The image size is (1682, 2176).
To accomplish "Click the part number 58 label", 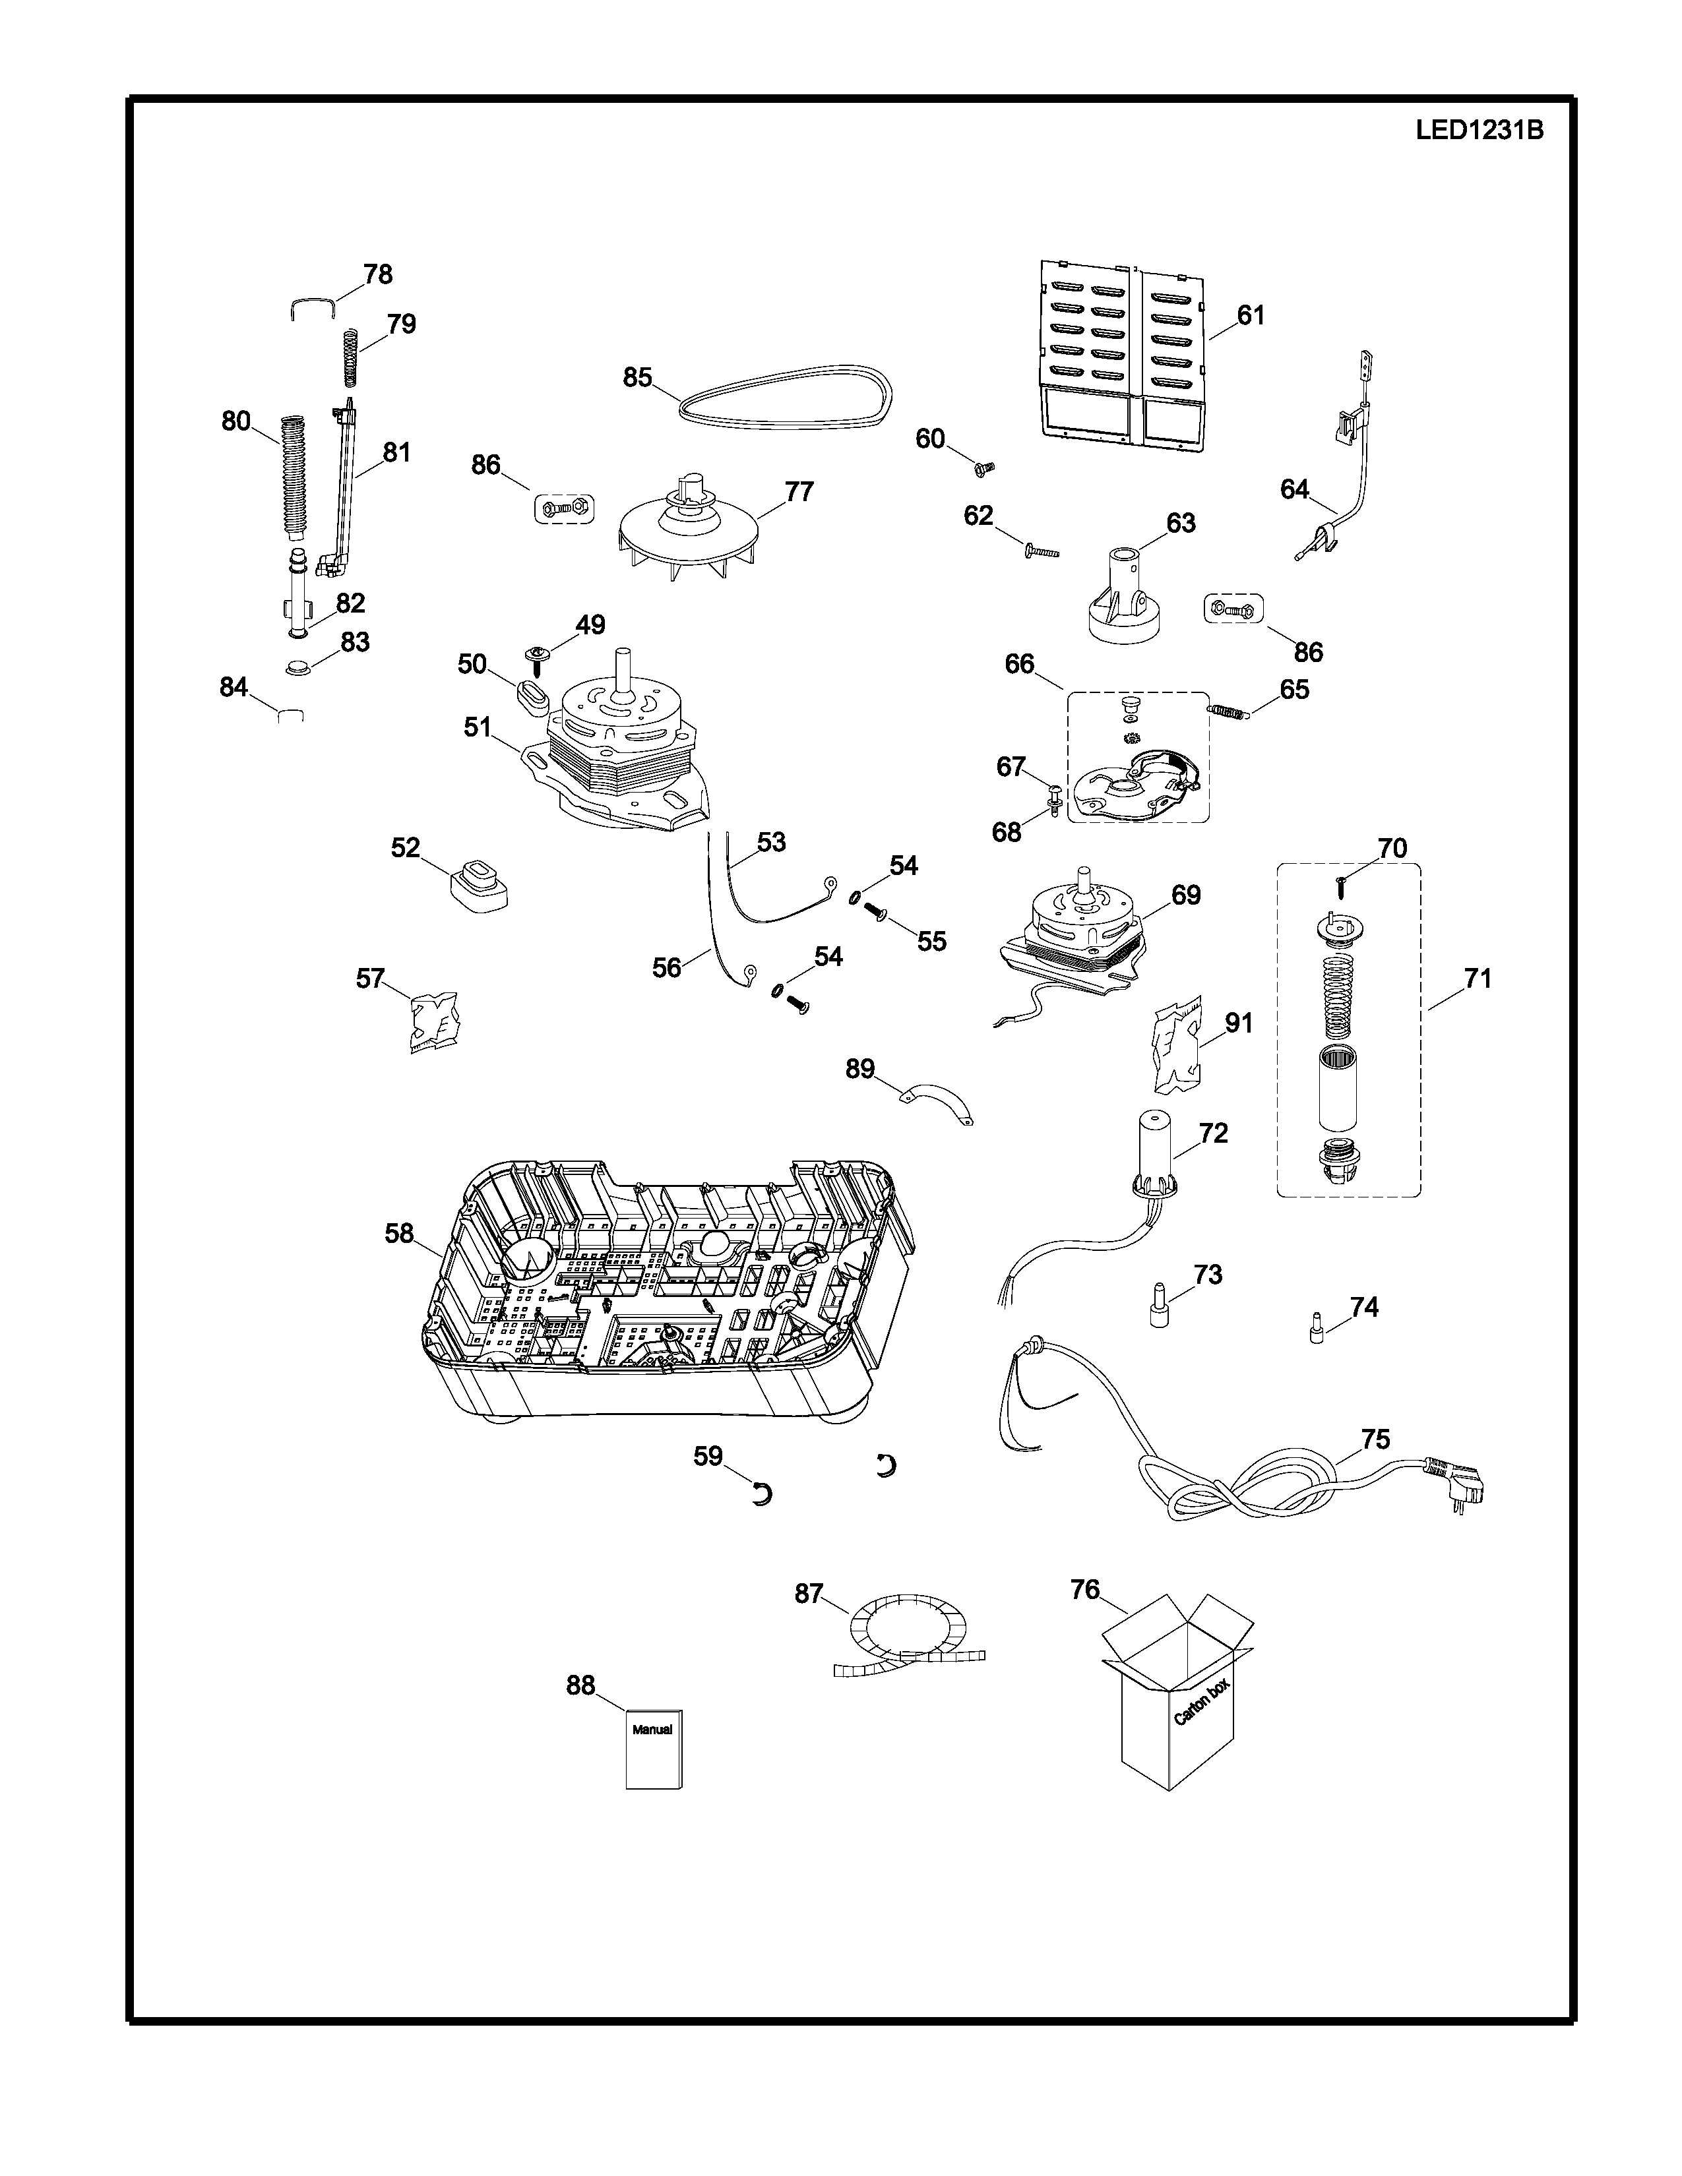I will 398,1234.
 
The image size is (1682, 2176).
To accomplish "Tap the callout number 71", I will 1477,979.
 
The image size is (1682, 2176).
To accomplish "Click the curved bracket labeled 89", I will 936,1104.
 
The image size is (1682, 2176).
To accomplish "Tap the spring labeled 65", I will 1227,710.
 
